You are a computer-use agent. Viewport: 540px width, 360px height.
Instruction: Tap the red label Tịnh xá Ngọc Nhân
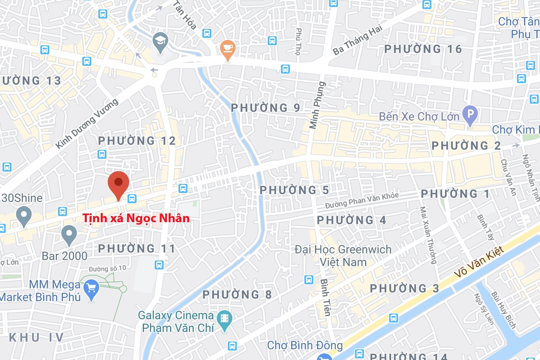tap(136, 218)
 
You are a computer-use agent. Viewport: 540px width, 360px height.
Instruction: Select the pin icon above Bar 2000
tap(69, 235)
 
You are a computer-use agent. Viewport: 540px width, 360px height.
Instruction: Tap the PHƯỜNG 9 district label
tap(266, 108)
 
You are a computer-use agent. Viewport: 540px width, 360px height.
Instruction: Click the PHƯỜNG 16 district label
tap(423, 49)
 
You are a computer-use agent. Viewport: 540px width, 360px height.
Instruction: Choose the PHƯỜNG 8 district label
tap(237, 295)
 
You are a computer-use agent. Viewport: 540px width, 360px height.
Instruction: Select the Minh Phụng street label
tap(318, 105)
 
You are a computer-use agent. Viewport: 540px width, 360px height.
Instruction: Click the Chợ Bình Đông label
tap(305, 345)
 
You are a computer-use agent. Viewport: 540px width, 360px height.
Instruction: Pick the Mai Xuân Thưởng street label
tap(428, 235)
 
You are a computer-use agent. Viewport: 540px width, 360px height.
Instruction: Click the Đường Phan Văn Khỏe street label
tap(362, 200)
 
